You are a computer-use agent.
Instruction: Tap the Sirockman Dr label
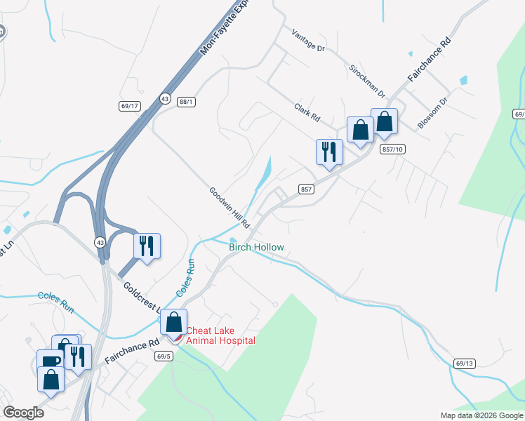point(368,81)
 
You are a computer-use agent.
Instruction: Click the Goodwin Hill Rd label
point(230,208)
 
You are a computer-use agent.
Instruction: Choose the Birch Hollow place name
point(256,247)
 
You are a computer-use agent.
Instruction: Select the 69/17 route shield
point(130,106)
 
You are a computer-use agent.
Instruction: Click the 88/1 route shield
point(186,102)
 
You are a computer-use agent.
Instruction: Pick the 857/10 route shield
point(394,149)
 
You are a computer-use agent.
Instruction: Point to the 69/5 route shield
point(164,356)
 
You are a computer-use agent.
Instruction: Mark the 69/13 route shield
point(465,363)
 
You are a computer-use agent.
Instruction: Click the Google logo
point(23,413)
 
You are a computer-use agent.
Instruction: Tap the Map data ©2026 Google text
point(481,415)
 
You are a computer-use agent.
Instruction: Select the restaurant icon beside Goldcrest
point(147,246)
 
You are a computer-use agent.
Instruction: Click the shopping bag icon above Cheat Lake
point(173,322)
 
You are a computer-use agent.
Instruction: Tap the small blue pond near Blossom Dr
point(463,80)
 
